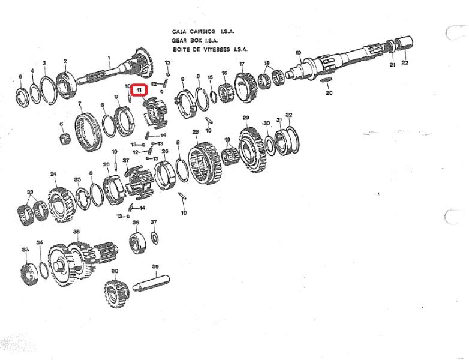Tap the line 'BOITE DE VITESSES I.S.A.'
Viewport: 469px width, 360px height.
209,50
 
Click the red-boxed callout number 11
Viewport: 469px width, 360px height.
139,90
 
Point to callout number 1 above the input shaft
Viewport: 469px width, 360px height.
109,58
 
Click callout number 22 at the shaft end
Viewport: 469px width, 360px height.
404,63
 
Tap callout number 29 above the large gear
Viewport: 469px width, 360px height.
245,118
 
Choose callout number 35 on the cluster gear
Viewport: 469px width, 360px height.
76,231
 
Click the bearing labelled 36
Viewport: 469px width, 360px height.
136,242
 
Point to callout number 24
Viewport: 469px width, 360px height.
53,174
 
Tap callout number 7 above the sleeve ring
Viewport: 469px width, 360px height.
80,104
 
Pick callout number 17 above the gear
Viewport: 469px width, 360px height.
242,64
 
